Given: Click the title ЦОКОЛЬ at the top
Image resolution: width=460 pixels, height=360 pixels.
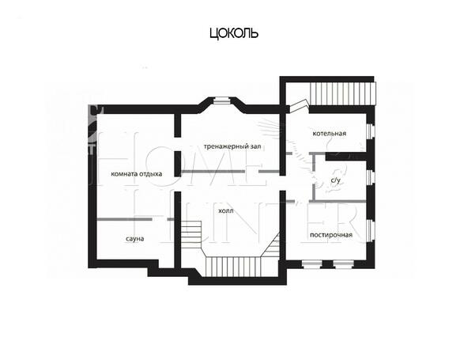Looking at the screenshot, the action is [234, 33].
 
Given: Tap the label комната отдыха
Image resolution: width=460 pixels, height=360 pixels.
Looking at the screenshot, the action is [137, 174].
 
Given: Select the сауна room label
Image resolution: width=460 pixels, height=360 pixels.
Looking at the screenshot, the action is [135, 239].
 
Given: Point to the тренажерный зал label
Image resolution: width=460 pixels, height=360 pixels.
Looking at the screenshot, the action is [232, 146].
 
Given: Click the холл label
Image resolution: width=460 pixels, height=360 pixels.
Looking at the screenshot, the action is [226, 210].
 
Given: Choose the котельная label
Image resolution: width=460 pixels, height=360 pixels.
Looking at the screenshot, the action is [330, 134].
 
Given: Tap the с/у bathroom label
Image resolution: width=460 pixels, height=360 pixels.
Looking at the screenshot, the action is [336, 180].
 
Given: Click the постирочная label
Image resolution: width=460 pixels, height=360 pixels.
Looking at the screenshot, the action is [331, 235].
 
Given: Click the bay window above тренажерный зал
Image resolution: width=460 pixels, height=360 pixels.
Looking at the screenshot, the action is [222, 100].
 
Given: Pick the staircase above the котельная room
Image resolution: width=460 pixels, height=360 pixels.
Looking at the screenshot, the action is [343, 93].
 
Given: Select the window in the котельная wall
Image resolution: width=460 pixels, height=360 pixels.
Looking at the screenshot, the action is [371, 131].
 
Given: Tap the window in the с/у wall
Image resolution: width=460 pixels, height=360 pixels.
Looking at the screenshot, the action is [371, 177].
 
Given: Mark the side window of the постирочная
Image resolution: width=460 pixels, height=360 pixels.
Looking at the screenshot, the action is [371, 230].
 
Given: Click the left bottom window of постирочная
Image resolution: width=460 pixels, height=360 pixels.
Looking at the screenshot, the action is [311, 264].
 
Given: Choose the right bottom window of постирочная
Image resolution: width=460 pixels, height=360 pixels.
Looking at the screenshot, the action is [343, 264].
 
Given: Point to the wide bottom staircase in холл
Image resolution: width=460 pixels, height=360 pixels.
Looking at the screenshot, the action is [234, 267].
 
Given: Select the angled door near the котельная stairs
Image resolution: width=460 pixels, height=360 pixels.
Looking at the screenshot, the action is [298, 106].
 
